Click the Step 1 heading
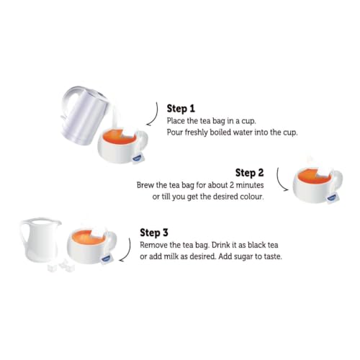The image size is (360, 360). pos(181,109)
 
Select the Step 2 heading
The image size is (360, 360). pos(250,173)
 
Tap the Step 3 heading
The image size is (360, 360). pos(154,233)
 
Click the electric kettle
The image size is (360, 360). pos(84,115)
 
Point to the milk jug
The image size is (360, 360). pos(40,240)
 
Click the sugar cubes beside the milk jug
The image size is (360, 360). pos(61,266)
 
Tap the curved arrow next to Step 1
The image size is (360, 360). pos(154,114)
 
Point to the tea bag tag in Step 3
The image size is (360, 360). pos(107,258)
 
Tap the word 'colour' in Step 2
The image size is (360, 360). pos(253,197)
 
